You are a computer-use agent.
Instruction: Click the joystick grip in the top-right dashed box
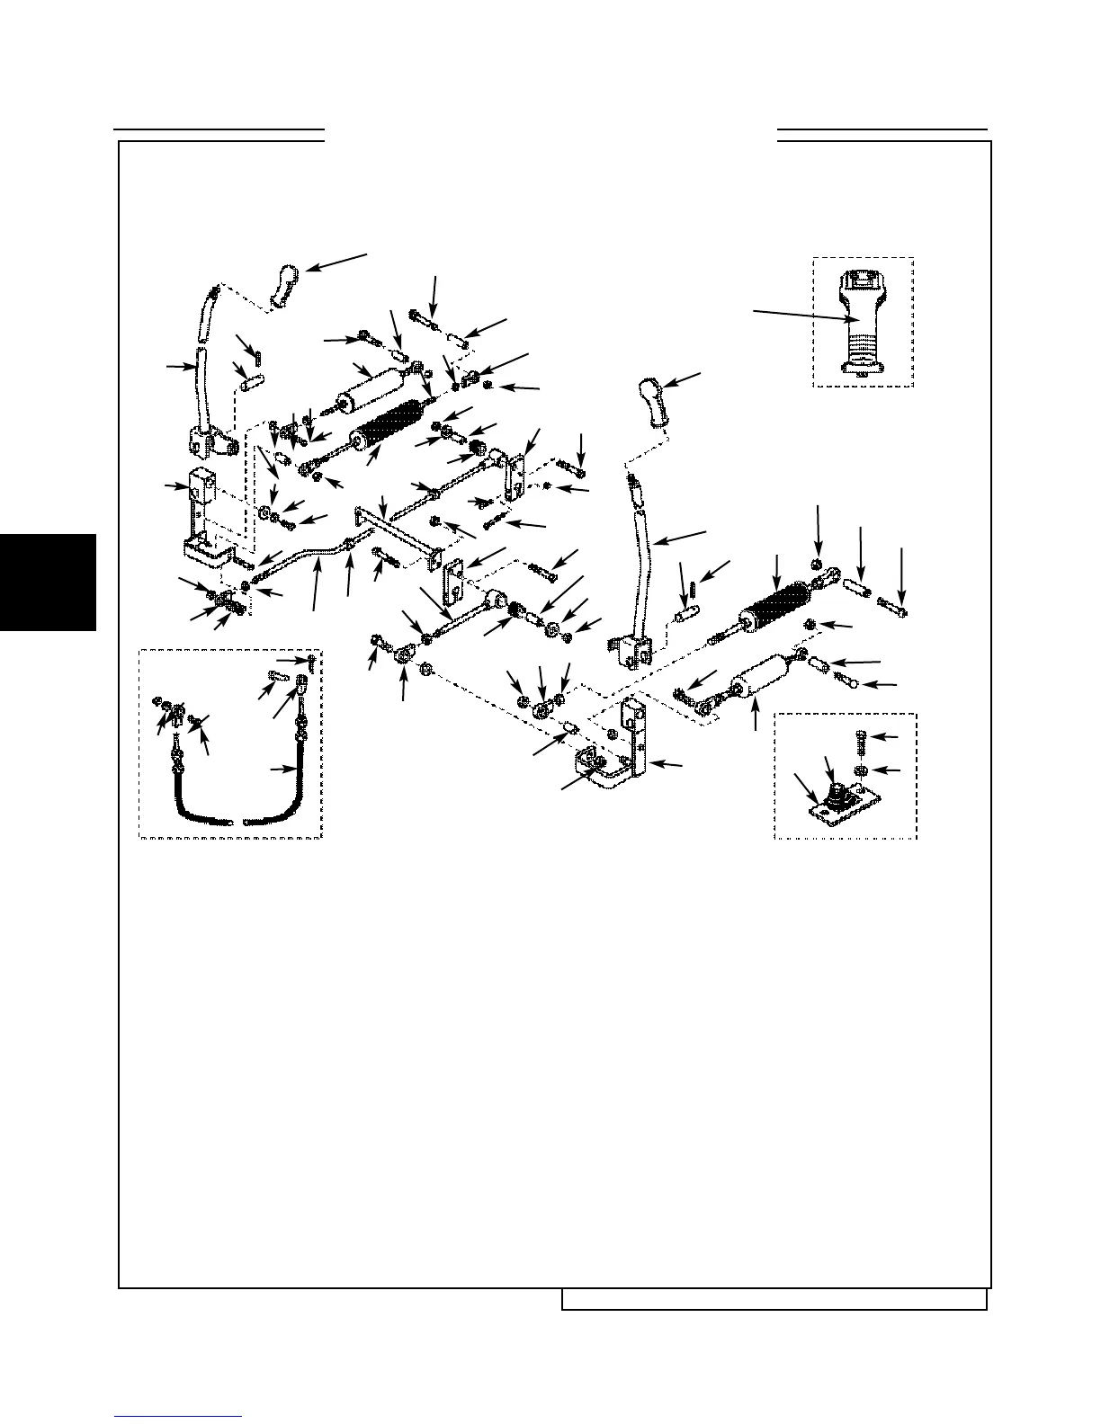click(x=862, y=324)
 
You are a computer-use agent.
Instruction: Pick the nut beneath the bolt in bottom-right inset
click(x=862, y=771)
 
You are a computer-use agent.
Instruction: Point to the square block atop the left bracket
click(x=201, y=486)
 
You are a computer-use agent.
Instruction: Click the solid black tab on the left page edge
click(x=48, y=584)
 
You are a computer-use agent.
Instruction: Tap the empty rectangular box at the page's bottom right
click(x=774, y=1301)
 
